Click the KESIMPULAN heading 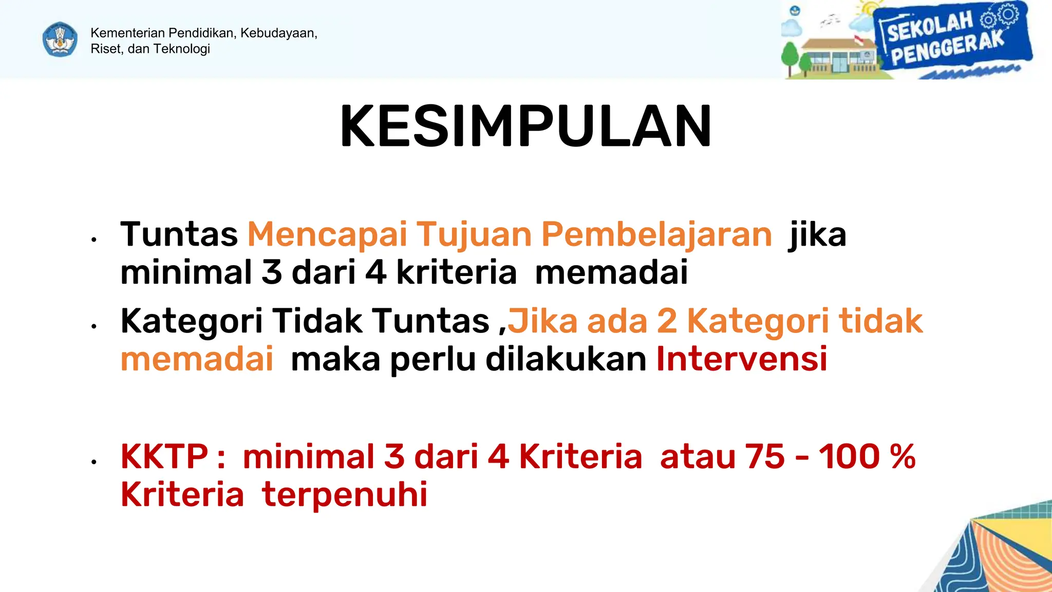(x=525, y=126)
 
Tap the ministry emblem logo (x=60, y=40)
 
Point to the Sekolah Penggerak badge (x=950, y=39)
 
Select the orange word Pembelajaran (x=656, y=234)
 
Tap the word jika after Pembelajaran (x=817, y=234)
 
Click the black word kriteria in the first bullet (x=456, y=272)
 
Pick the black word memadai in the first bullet (x=611, y=272)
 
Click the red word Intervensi (x=742, y=359)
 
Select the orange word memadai (x=197, y=359)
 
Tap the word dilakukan (x=566, y=359)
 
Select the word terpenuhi (x=345, y=494)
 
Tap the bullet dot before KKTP (x=93, y=462)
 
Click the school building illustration (x=832, y=57)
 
